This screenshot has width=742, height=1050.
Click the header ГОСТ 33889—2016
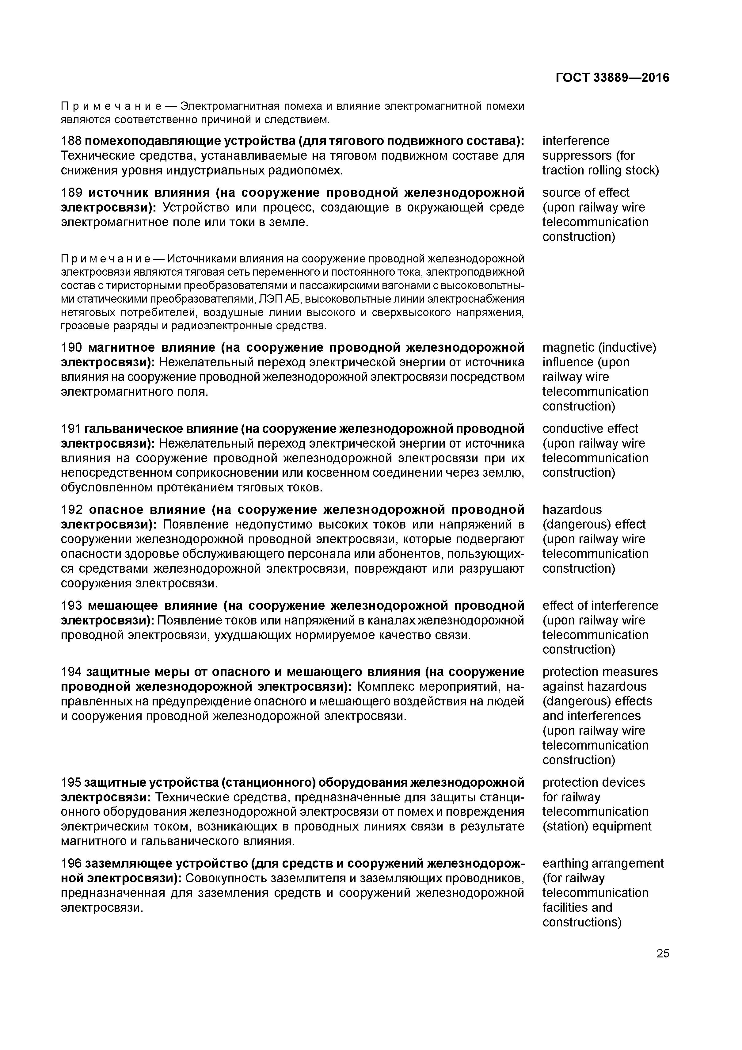coord(612,78)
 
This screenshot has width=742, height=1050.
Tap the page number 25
coord(662,953)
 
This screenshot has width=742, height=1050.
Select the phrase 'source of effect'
coord(586,193)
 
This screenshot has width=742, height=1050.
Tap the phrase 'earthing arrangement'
coord(603,863)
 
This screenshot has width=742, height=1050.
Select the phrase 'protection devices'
coord(593,782)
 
